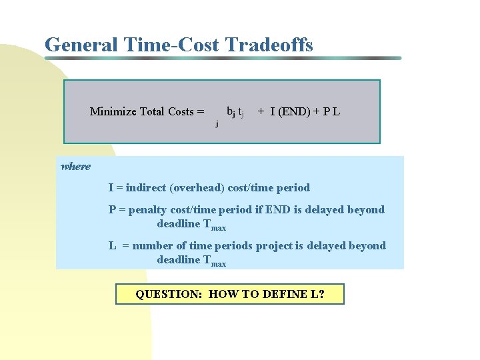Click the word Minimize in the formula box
[113, 112]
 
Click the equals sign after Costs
[201, 112]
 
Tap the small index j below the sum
[216, 123]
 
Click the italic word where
[75, 167]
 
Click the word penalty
[147, 210]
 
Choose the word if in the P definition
[257, 209]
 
